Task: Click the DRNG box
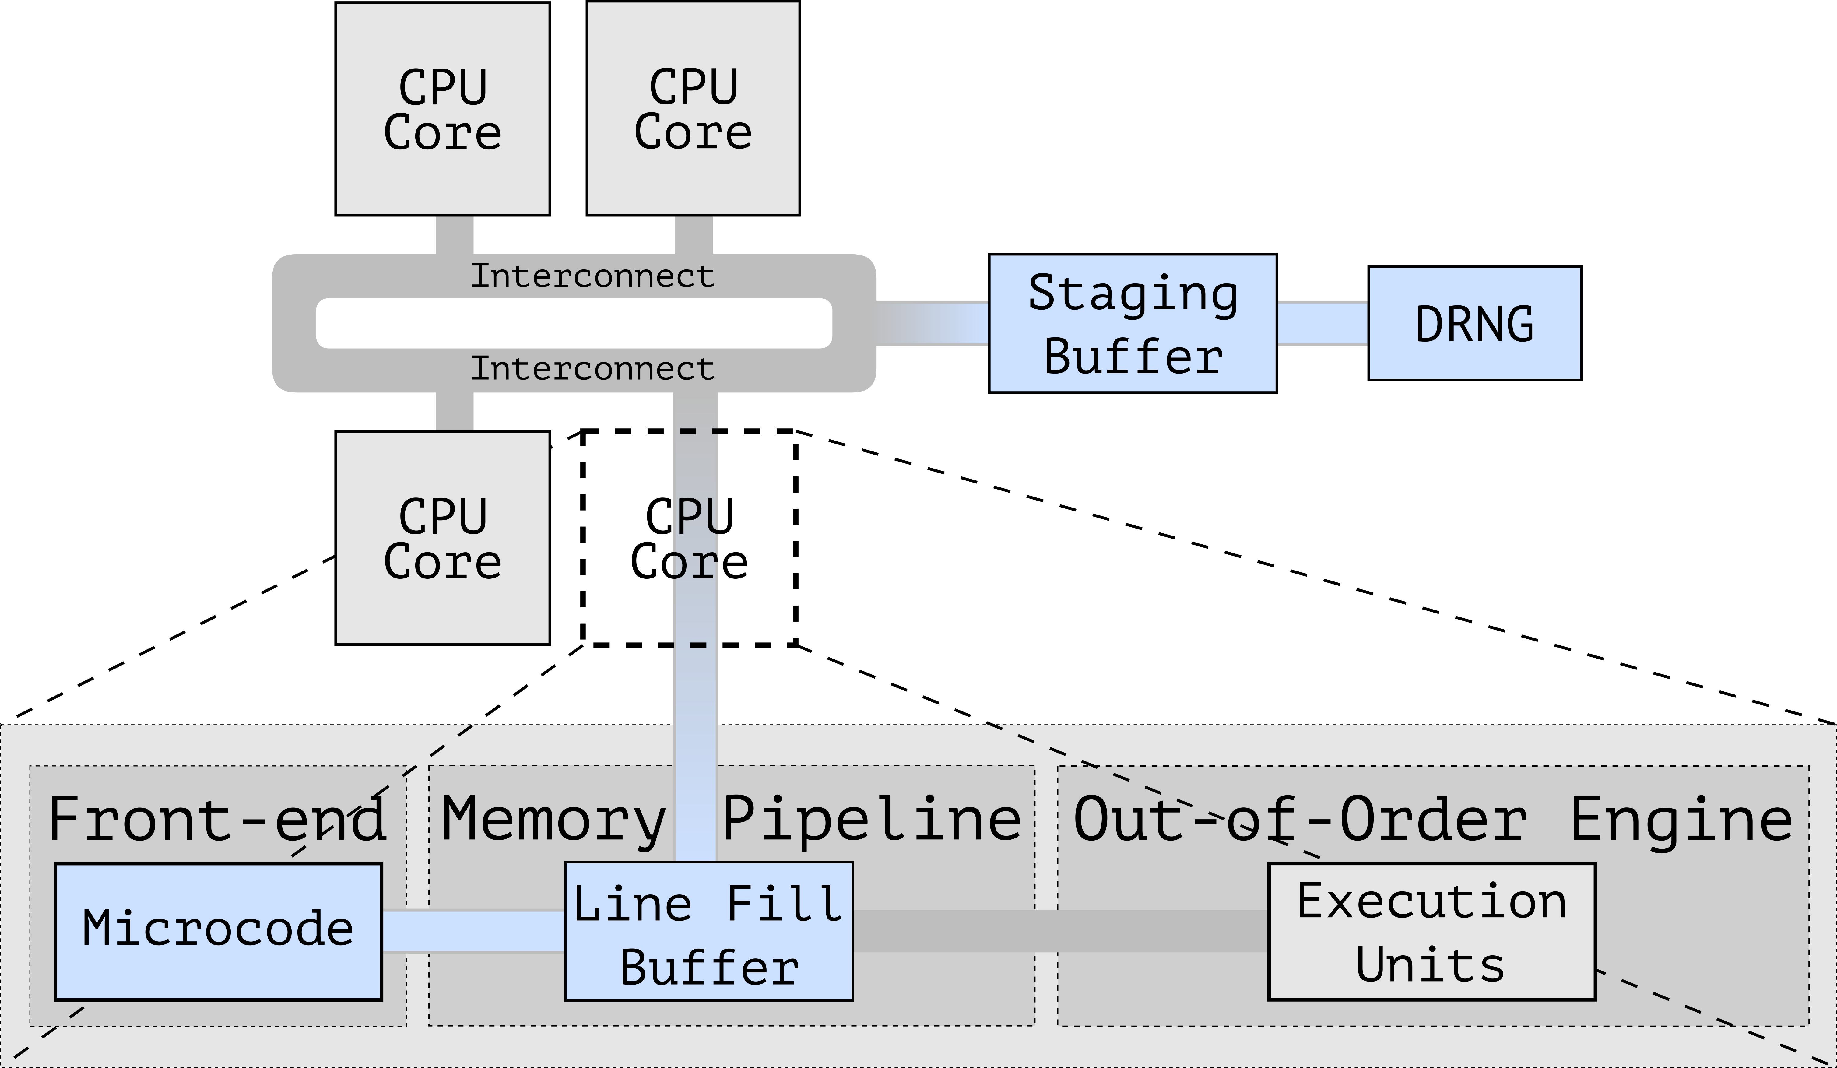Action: (x=1475, y=323)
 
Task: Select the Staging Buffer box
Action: (x=1133, y=323)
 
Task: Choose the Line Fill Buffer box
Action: (x=708, y=931)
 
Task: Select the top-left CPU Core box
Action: (x=442, y=109)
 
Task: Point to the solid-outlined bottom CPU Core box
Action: (x=442, y=538)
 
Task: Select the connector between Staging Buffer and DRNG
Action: (x=1322, y=323)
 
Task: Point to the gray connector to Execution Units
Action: (x=1061, y=931)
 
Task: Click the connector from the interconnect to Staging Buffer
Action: (x=932, y=323)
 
